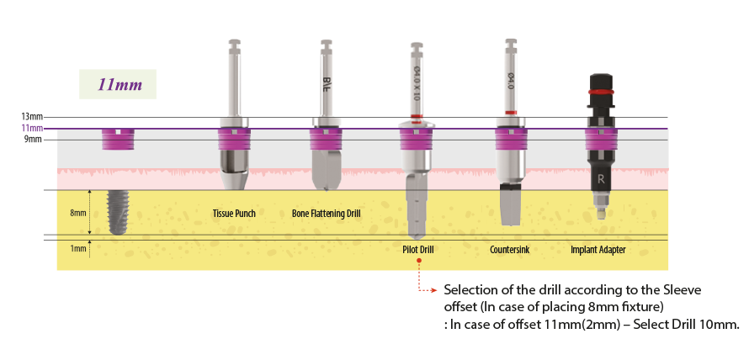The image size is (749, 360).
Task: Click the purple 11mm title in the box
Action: pyautogui.click(x=119, y=85)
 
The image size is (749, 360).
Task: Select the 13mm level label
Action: pyautogui.click(x=32, y=117)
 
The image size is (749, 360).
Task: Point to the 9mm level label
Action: pyautogui.click(x=33, y=140)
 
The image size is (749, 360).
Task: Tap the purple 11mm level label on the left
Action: pyautogui.click(x=32, y=128)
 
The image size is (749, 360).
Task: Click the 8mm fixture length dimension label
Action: pyautogui.click(x=77, y=214)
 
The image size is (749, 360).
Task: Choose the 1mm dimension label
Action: pyautogui.click(x=77, y=249)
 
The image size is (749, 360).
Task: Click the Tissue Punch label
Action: pyautogui.click(x=234, y=214)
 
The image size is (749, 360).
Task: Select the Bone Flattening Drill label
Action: pyautogui.click(x=326, y=214)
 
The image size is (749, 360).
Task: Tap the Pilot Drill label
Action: pyautogui.click(x=417, y=250)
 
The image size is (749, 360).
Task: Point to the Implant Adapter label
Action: pyautogui.click(x=598, y=250)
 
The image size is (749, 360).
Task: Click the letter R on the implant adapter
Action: pyautogui.click(x=601, y=179)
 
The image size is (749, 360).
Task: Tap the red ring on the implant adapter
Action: pyautogui.click(x=600, y=91)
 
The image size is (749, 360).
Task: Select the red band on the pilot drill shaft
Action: pyautogui.click(x=417, y=115)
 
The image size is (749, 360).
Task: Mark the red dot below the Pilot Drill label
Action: pyautogui.click(x=418, y=262)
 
